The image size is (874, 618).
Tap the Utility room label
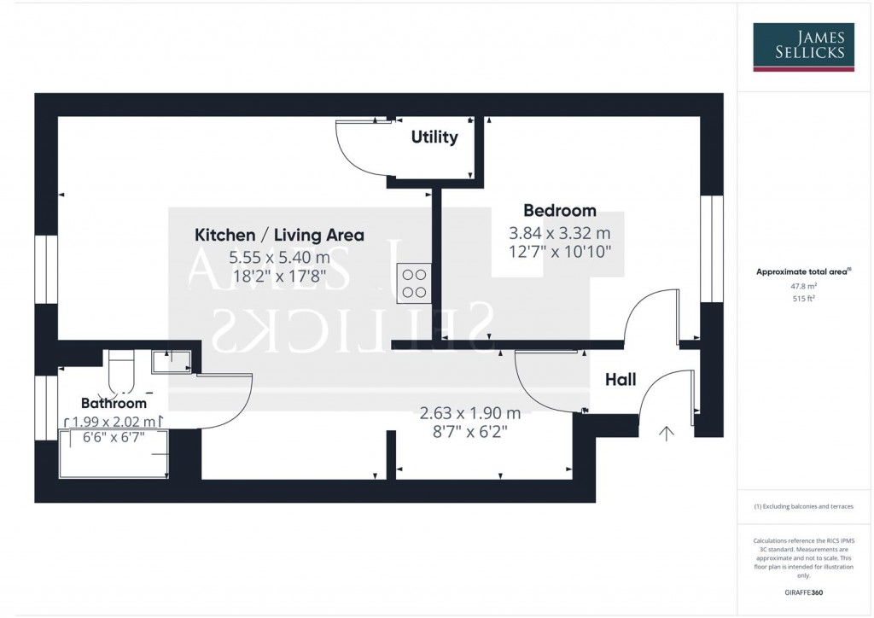click(434, 137)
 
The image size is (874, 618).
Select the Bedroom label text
click(559, 211)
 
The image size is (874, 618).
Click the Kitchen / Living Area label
click(279, 235)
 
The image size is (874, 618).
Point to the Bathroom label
click(114, 403)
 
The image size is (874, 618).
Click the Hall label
click(621, 380)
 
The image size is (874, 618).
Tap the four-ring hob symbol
click(414, 283)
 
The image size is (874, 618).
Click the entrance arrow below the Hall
click(666, 433)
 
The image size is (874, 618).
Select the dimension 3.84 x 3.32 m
click(559, 232)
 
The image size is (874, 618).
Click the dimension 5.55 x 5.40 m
click(279, 257)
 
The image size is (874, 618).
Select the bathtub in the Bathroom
click(113, 453)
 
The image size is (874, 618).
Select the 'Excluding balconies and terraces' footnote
click(803, 506)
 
